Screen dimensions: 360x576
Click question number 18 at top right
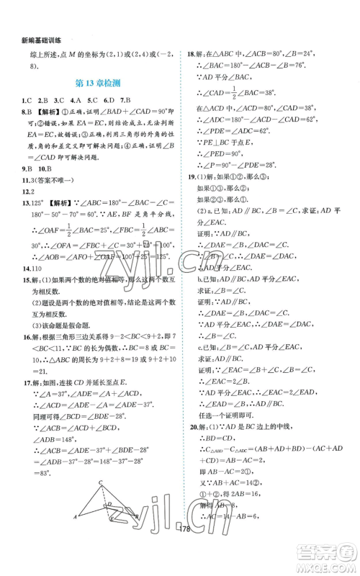(x=190, y=53)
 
